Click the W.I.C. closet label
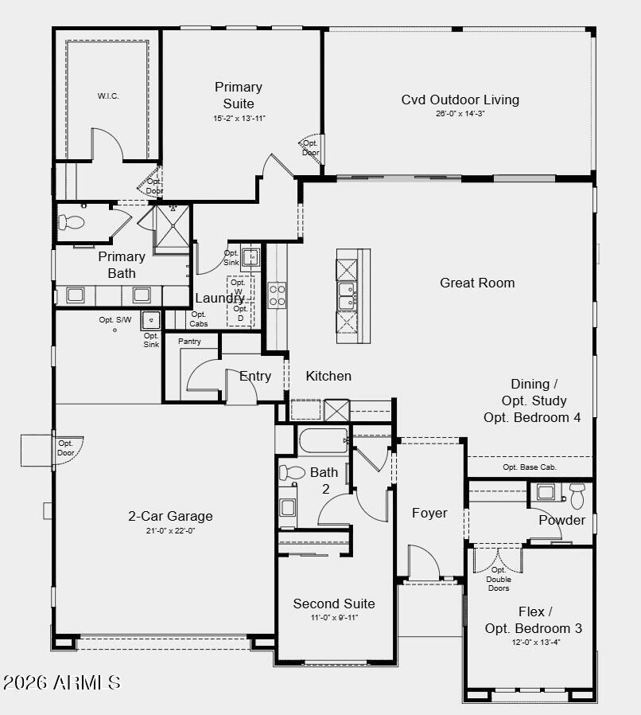point(108,96)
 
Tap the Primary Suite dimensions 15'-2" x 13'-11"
point(239,118)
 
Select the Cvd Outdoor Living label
point(460,100)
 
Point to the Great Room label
point(477,283)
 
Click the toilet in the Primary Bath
point(73,222)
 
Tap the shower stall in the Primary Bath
point(171,226)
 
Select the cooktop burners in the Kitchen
point(278,295)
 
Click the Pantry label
point(189,342)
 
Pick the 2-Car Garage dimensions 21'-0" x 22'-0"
point(170,530)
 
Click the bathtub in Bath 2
point(324,440)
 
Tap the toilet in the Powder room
point(577,495)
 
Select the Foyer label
point(429,513)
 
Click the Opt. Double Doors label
point(499,579)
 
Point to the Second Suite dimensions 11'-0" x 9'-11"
point(333,618)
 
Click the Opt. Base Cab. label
point(530,467)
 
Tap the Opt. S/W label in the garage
point(115,320)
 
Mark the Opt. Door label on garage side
point(65,447)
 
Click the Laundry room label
point(219,299)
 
